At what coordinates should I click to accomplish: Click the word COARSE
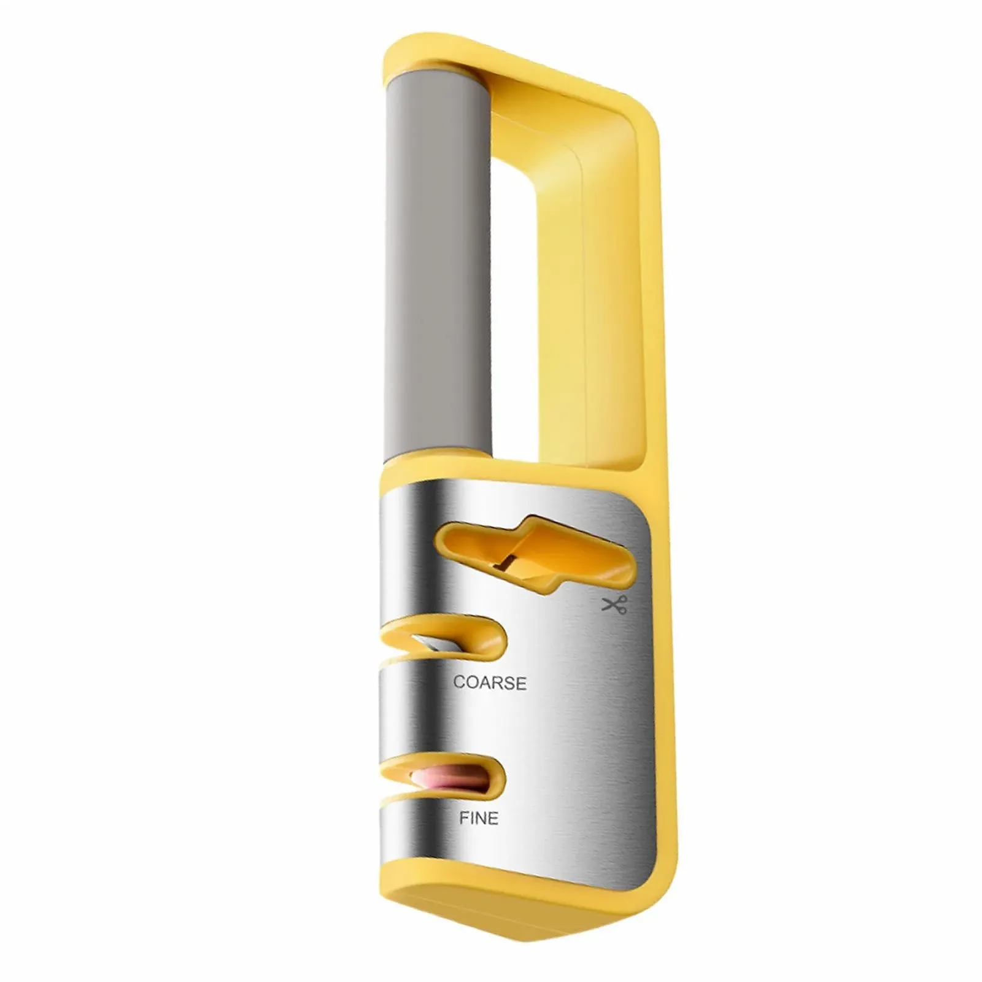(490, 683)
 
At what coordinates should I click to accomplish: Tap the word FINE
(479, 818)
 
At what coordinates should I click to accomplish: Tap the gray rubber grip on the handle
(437, 264)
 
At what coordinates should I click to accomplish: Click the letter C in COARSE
(459, 682)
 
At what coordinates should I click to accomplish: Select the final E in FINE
(493, 818)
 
